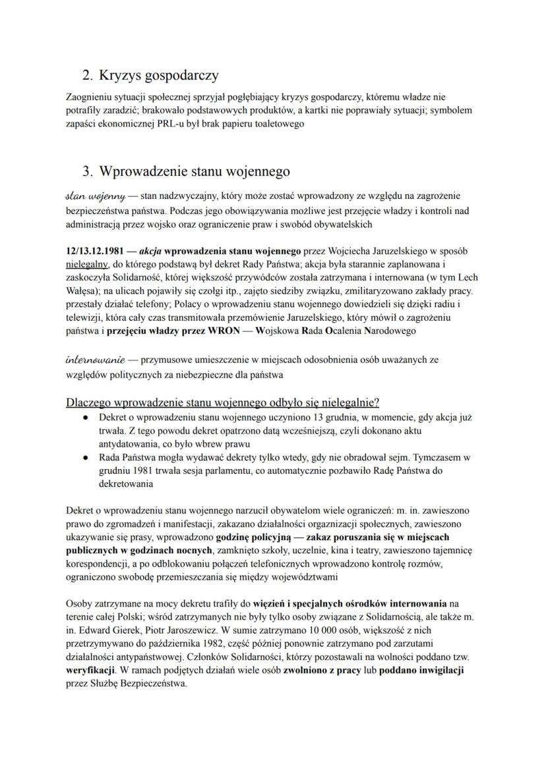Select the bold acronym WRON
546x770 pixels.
224,330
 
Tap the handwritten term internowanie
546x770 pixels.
96,360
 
